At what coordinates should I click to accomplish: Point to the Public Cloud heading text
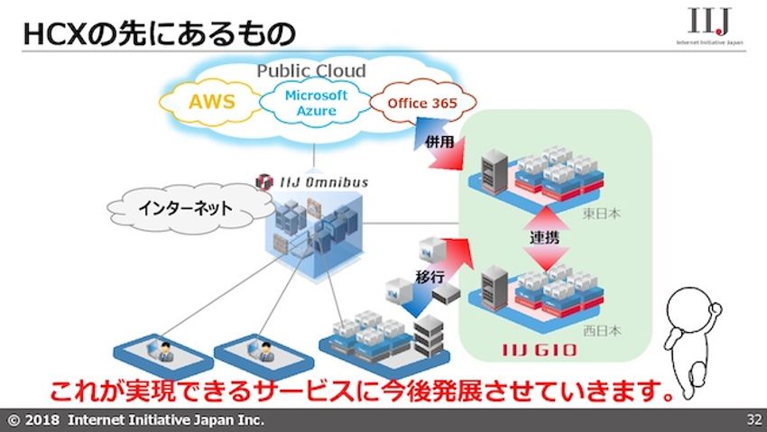point(311,70)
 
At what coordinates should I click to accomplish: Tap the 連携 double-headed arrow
point(547,234)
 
